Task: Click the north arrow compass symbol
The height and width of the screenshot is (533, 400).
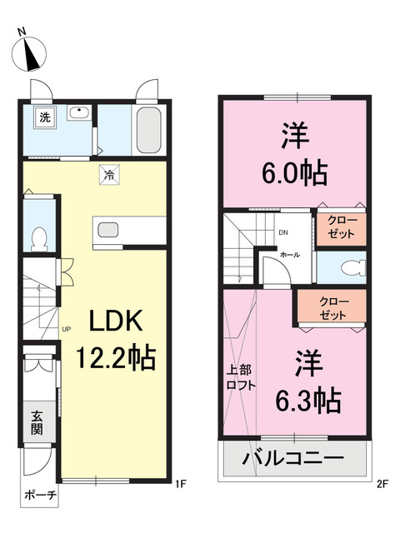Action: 29,54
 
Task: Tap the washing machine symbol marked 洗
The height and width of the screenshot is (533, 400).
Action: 45,117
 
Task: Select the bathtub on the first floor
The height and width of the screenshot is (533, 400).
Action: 148,130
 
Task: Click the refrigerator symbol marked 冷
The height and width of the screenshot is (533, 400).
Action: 109,175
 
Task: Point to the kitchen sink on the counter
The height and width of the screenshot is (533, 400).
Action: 108,230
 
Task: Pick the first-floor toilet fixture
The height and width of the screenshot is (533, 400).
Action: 39,239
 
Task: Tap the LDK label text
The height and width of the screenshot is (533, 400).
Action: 116,321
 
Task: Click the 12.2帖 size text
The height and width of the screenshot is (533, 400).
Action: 116,357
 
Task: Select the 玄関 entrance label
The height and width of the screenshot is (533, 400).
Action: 37,423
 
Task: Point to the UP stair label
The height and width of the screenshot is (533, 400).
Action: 67,329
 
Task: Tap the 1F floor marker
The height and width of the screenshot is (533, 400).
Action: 181,484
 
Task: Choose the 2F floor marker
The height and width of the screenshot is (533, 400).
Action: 382,484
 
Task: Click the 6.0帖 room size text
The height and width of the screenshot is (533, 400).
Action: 294,172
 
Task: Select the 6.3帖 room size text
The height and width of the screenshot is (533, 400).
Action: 308,400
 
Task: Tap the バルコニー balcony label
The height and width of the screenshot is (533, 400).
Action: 292,458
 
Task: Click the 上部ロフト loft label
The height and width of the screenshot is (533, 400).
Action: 241,377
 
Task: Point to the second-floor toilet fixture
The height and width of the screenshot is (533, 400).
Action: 353,267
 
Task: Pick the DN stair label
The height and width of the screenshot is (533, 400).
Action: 283,233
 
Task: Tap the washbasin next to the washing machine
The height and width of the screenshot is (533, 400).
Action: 78,112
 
